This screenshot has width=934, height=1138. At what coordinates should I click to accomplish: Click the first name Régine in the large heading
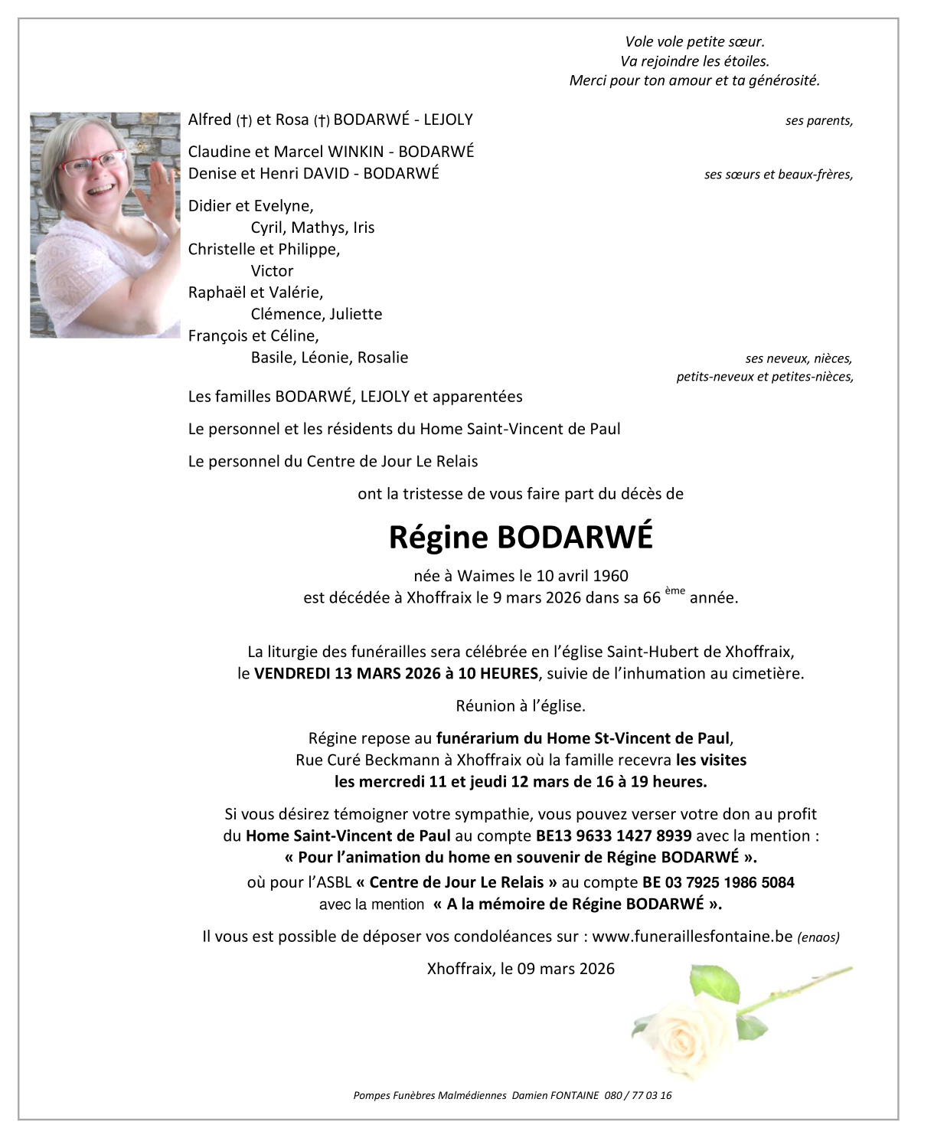438,538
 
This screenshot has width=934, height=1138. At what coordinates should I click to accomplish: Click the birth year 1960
610,576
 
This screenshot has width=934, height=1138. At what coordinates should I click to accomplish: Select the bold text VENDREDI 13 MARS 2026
347,674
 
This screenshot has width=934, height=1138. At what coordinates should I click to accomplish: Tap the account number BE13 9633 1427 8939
614,836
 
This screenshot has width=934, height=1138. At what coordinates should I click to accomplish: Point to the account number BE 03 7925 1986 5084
718,882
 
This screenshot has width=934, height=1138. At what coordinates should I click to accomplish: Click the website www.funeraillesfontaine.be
692,937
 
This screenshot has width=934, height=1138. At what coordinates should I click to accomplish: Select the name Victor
272,271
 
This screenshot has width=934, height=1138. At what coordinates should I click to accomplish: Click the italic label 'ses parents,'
818,121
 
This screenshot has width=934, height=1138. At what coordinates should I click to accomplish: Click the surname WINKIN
355,152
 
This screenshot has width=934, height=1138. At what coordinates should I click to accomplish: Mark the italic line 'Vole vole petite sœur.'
694,42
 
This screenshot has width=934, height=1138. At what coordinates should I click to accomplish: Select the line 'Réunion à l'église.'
521,706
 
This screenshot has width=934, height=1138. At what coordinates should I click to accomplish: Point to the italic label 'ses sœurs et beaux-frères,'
778,175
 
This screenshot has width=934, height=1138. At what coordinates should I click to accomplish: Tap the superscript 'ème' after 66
674,590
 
